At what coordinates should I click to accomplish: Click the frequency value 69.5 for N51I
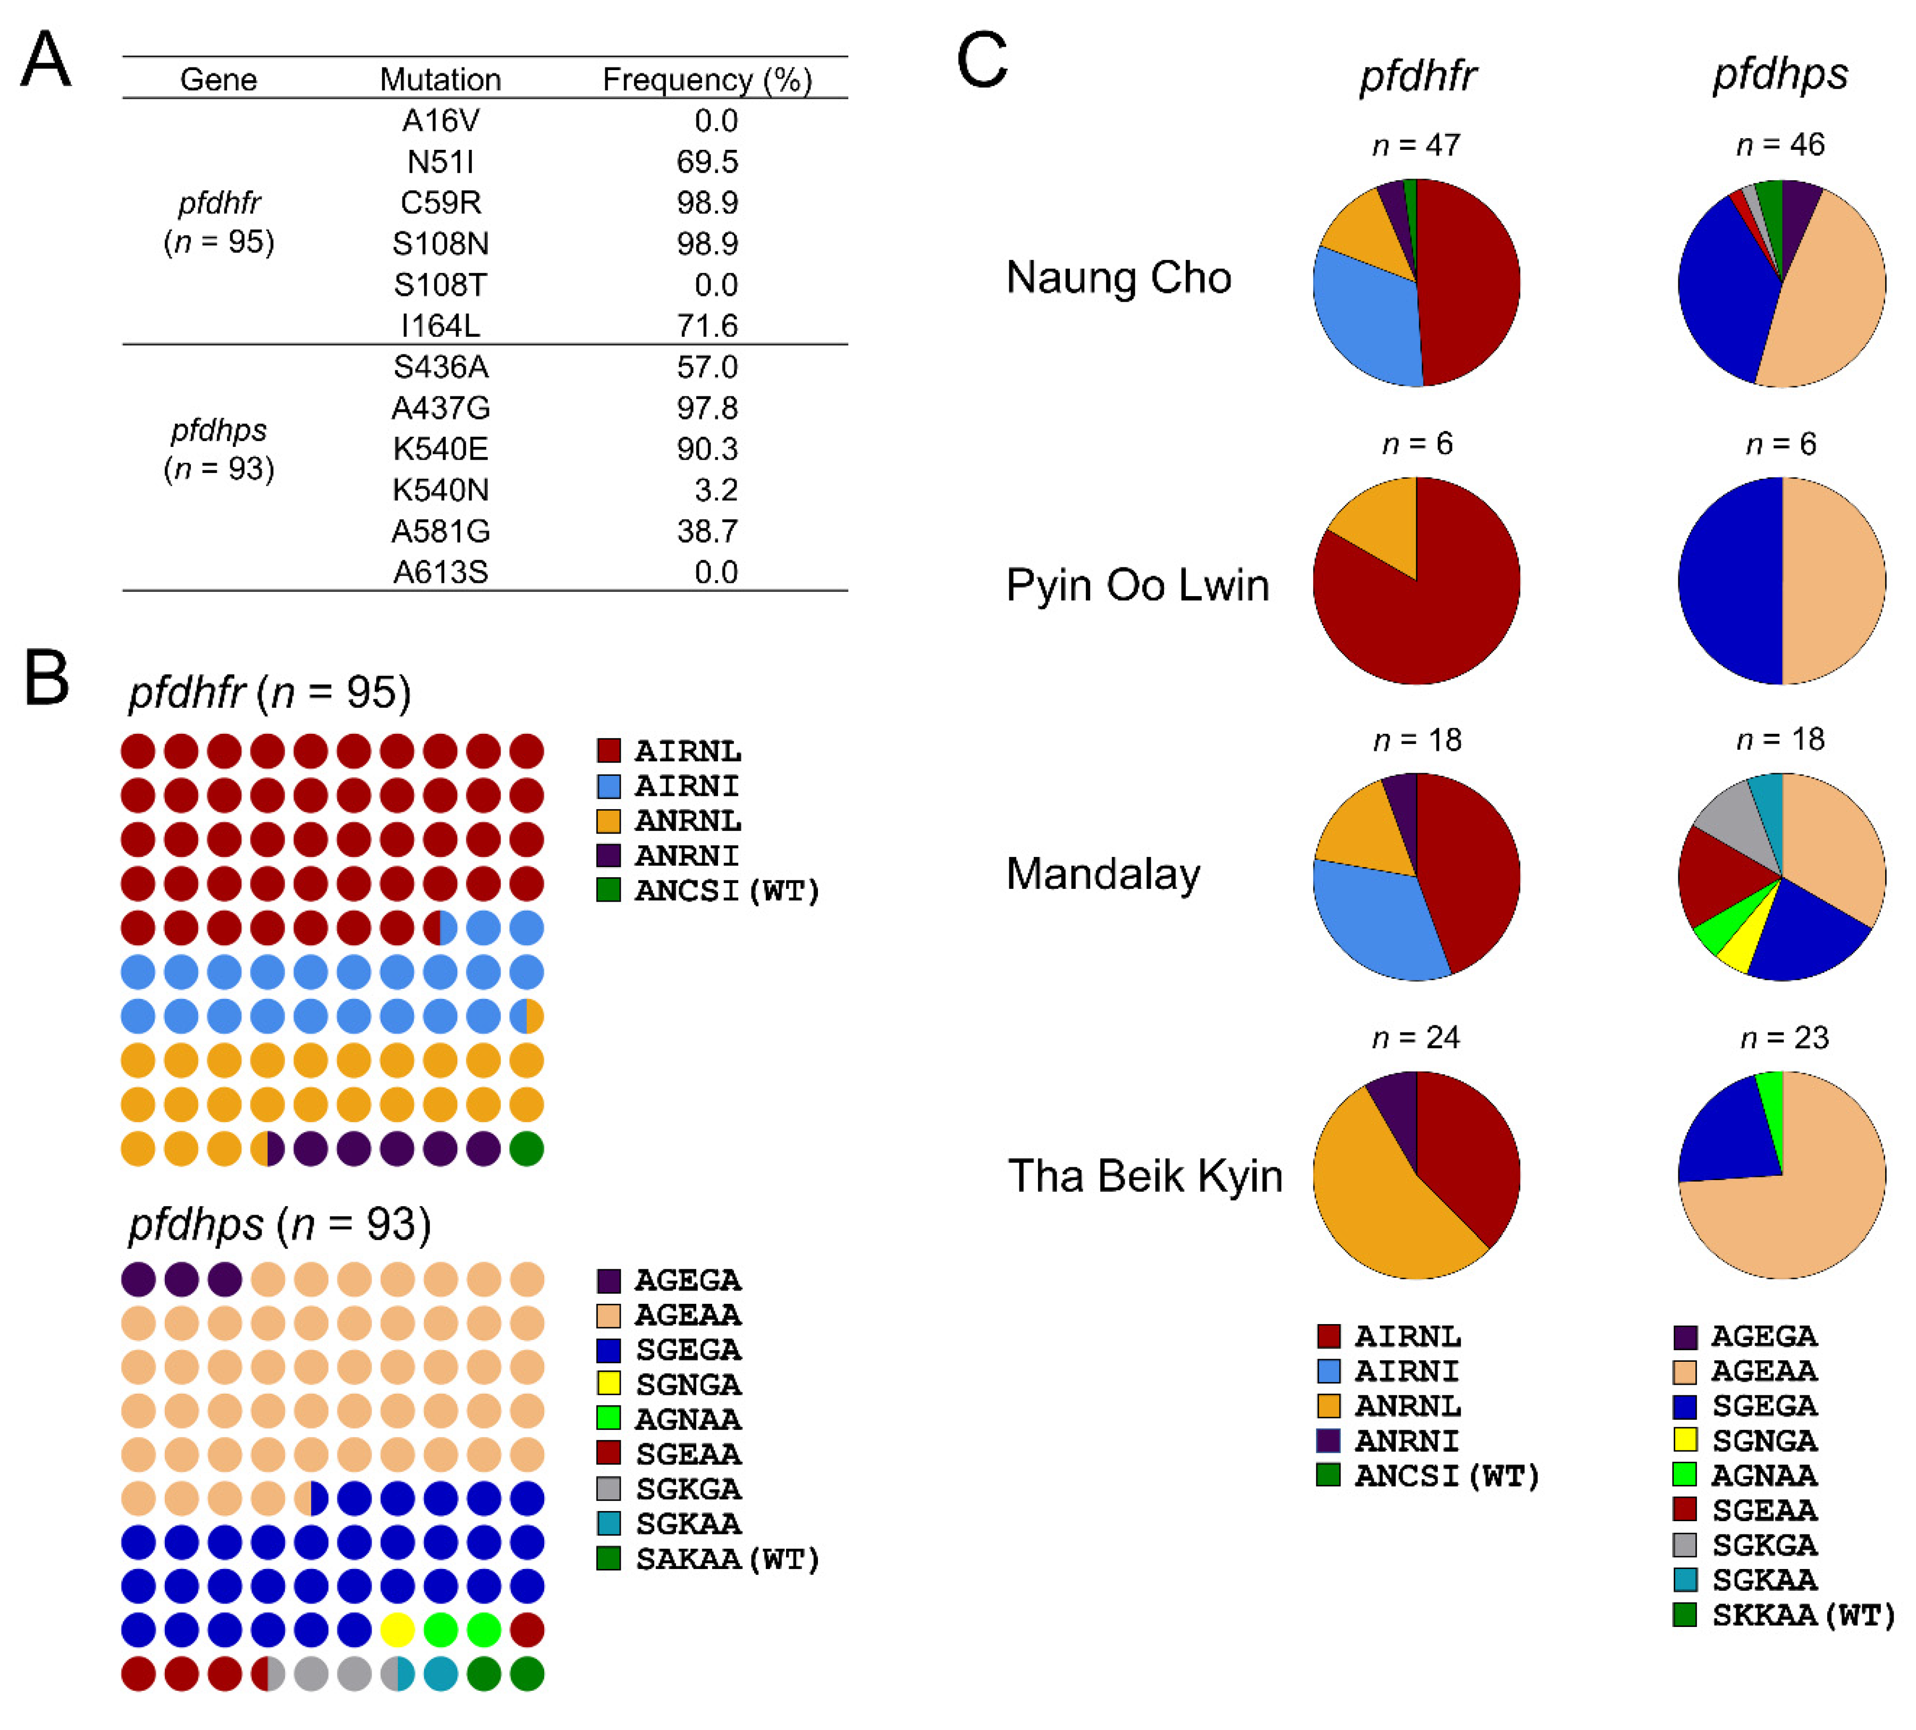tap(706, 162)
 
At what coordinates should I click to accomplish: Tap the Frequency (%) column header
tap(707, 80)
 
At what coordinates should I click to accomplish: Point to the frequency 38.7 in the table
tap(706, 531)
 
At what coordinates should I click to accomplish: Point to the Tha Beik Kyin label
tap(1144, 1176)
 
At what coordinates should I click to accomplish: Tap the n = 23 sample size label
tap(1784, 1038)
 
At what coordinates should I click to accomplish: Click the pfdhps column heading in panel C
tap(1780, 74)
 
